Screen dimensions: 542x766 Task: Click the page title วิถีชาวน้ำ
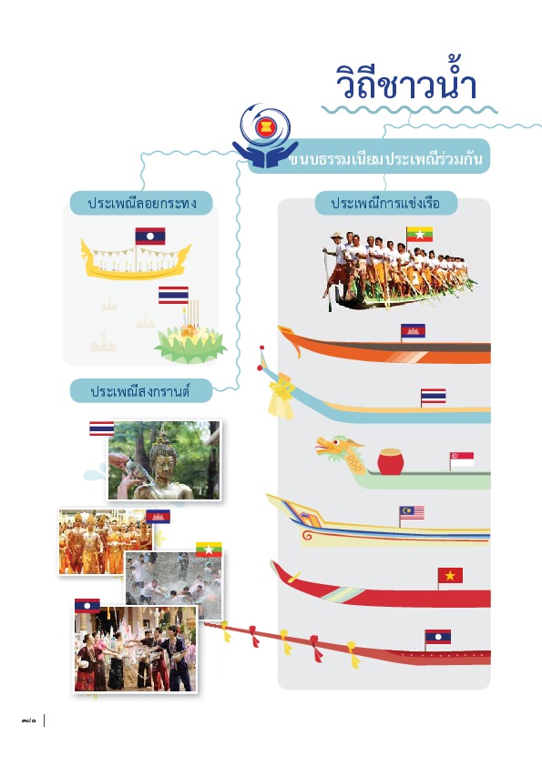(406, 82)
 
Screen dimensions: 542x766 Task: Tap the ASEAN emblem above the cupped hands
(266, 128)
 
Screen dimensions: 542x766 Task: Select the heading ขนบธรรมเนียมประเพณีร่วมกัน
(385, 159)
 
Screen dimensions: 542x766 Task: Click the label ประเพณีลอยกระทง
(142, 203)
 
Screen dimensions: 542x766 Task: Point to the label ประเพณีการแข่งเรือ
(385, 203)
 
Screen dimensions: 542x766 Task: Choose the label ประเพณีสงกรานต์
(140, 391)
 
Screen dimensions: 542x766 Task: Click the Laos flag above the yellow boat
(150, 236)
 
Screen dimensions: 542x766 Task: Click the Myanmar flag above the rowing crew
(419, 234)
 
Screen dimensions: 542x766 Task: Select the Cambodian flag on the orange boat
(413, 331)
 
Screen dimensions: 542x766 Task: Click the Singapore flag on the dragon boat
(462, 459)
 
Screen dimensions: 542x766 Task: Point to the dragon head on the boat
(339, 452)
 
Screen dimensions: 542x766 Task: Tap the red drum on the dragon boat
(391, 461)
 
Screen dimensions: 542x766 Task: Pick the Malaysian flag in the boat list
(412, 513)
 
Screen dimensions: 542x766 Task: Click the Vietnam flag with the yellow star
(450, 576)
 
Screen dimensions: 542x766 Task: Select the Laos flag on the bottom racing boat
(438, 637)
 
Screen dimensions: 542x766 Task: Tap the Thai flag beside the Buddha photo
(102, 428)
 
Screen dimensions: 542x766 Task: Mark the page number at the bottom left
(29, 721)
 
